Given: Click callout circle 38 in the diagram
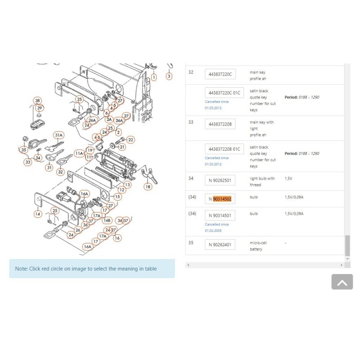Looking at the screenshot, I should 37,100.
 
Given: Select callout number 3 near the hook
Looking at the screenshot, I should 169,76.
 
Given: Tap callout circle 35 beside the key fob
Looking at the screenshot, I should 23,150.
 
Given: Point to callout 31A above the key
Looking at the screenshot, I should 58,135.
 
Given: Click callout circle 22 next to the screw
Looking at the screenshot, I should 131,139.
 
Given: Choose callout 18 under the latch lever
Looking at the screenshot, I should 148,186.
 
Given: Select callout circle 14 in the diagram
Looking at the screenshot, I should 38,214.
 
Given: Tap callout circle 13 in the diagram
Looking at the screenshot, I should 128,184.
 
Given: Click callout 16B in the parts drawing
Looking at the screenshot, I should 107,220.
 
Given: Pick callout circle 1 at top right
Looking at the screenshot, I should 154,77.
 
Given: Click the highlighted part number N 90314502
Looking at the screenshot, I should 220,199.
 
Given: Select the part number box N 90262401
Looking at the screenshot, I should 220,245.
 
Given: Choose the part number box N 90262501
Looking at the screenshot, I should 220,181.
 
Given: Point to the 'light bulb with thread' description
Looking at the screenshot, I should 262,181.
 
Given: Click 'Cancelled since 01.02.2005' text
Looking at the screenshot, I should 217,227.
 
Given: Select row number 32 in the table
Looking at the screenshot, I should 191,72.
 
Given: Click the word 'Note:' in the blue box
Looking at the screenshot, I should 21,269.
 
